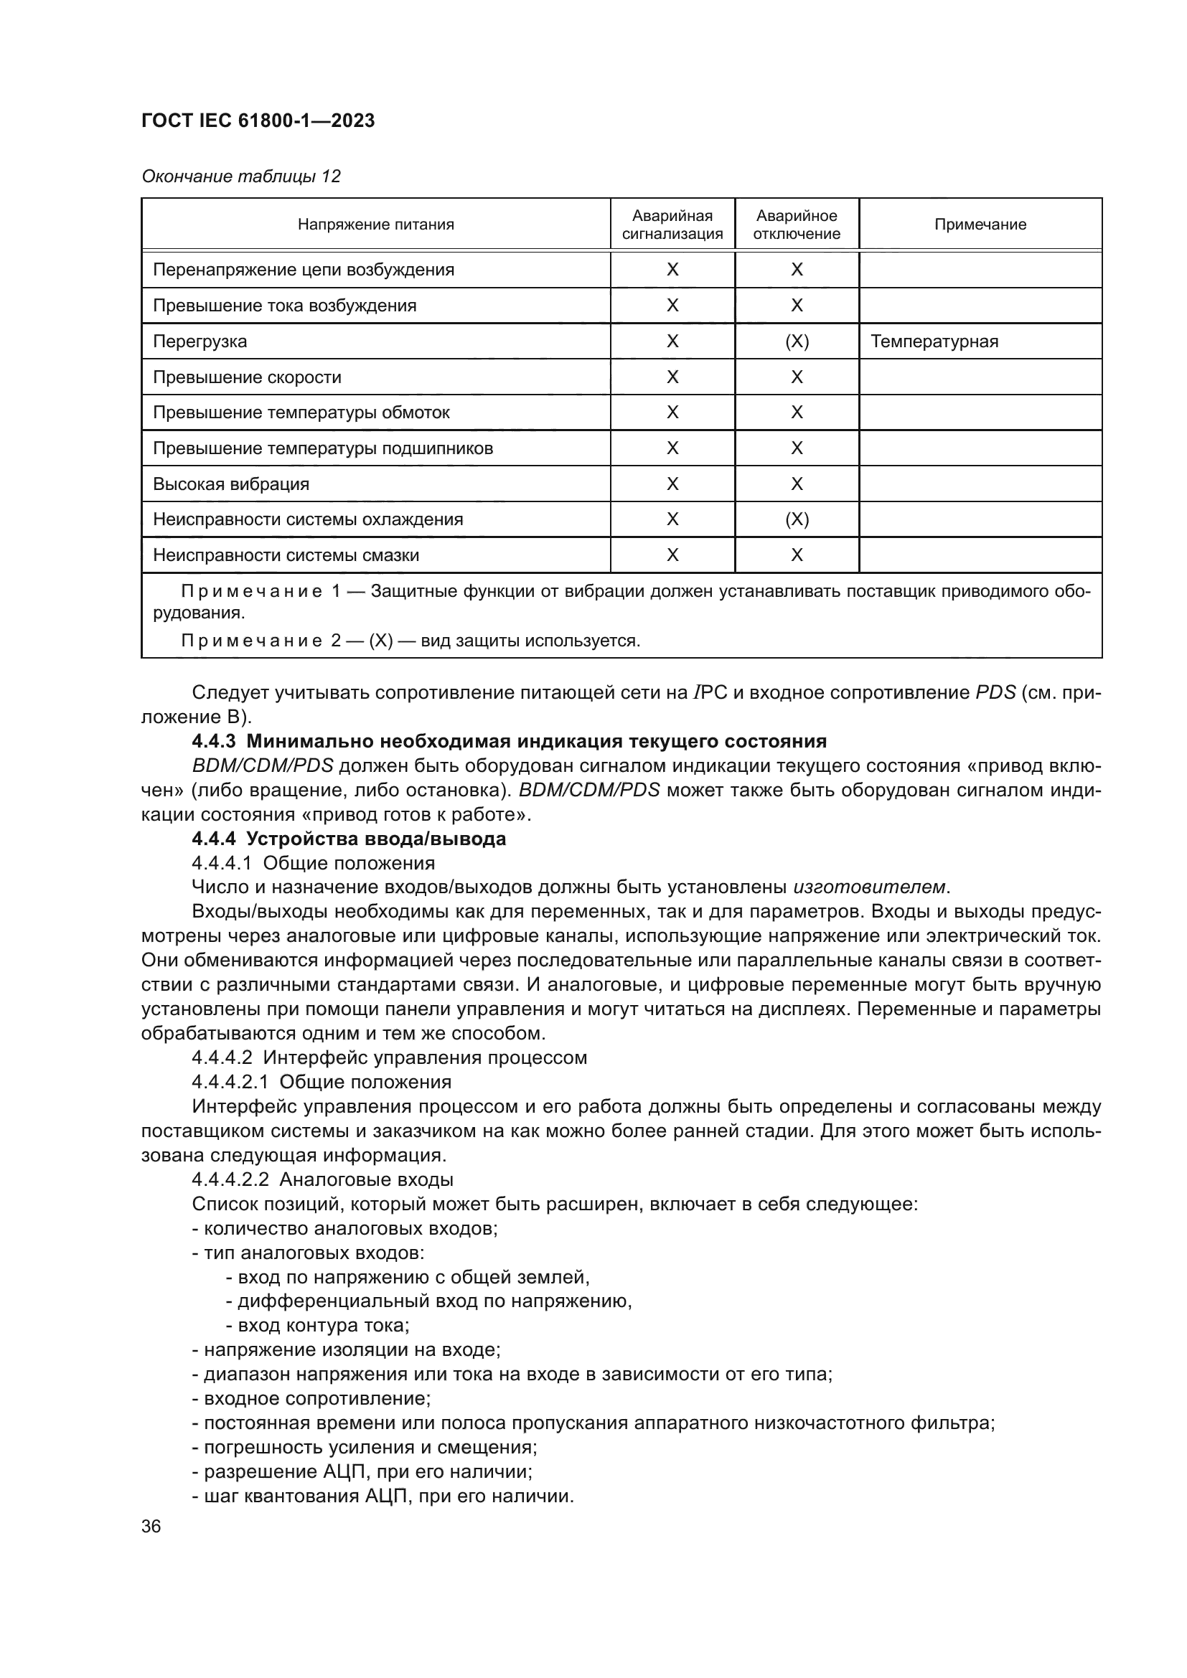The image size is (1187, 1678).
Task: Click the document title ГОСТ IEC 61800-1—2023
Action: click(258, 121)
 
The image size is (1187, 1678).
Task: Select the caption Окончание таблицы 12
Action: click(240, 176)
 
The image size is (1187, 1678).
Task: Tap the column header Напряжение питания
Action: click(375, 225)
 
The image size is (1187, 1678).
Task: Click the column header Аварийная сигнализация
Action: click(672, 225)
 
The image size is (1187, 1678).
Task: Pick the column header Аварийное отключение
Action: click(796, 225)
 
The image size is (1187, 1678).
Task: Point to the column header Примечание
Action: click(980, 225)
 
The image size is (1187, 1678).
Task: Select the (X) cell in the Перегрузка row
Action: click(797, 341)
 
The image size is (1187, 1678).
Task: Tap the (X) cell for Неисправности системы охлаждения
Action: click(797, 519)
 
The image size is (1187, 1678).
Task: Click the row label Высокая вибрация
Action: click(231, 484)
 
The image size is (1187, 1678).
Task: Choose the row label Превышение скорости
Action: click(247, 377)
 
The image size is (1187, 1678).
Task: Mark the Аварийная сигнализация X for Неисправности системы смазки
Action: click(672, 555)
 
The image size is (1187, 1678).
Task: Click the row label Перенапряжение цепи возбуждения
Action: click(304, 270)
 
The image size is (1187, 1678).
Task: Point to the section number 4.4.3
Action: click(213, 741)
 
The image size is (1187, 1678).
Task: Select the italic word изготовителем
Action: click(869, 887)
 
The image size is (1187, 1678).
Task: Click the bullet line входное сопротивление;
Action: click(311, 1399)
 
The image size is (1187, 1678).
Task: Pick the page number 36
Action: click(151, 1527)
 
